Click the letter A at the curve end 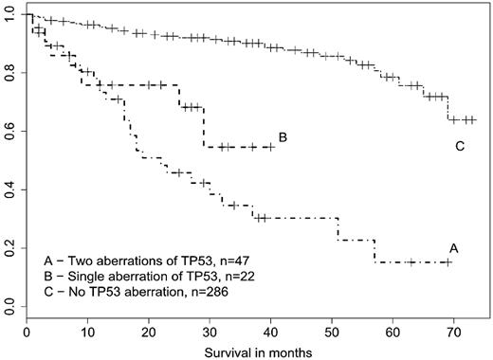pos(454,247)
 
